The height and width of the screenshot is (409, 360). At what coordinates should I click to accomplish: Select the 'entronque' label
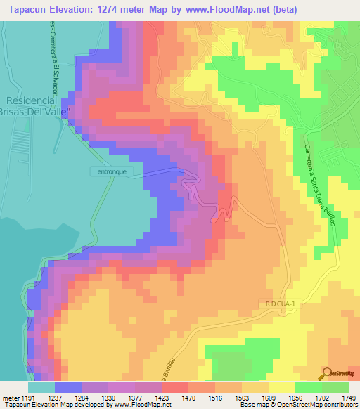(111, 171)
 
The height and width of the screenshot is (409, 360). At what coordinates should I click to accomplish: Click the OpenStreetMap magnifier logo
(328, 372)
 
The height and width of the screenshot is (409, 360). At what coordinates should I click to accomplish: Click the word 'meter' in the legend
(10, 397)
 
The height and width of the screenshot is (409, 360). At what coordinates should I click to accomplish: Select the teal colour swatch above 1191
(41, 387)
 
